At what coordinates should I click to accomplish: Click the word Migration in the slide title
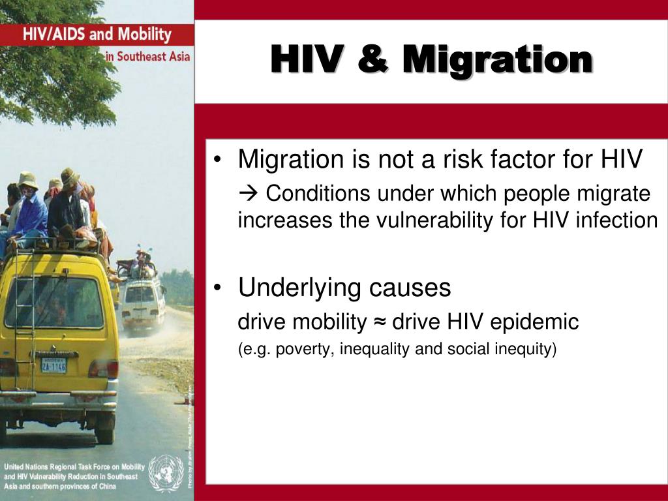(x=497, y=59)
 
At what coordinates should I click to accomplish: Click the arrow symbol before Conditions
(x=249, y=194)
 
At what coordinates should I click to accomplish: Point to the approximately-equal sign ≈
(x=380, y=322)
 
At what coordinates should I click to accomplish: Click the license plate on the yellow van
(x=53, y=365)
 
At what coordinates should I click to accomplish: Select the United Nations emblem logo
(x=165, y=473)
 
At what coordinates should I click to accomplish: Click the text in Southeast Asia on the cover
(x=147, y=56)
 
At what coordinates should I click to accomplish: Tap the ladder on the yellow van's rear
(x=25, y=313)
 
